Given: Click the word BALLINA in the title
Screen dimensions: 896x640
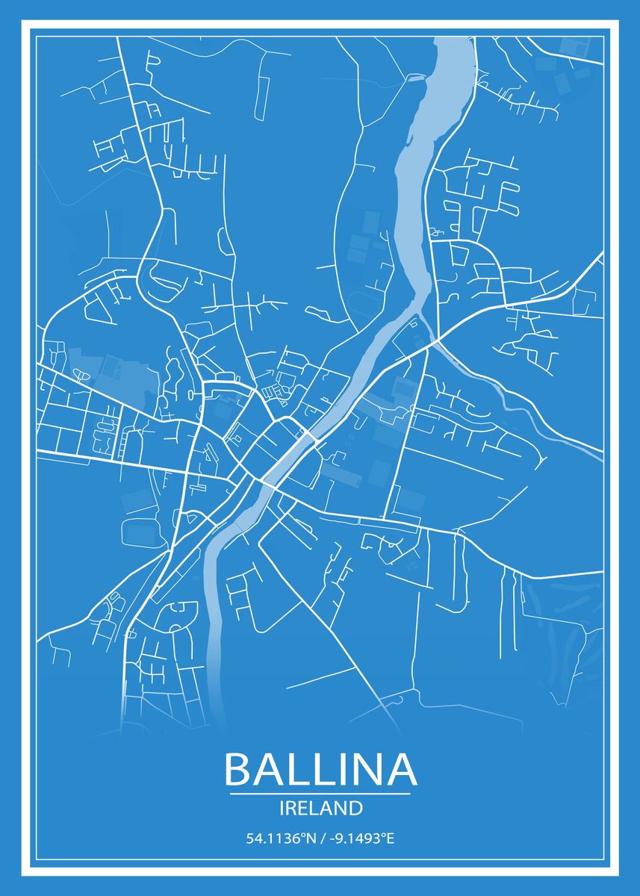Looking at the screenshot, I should [x=320, y=769].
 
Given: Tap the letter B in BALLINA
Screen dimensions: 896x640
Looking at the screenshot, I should [x=239, y=769].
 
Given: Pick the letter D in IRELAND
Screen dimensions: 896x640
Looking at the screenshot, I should [x=356, y=808].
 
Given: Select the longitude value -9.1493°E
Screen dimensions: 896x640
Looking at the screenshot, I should [x=358, y=839].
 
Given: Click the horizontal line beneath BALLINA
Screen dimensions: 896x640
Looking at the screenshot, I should [x=320, y=794].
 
